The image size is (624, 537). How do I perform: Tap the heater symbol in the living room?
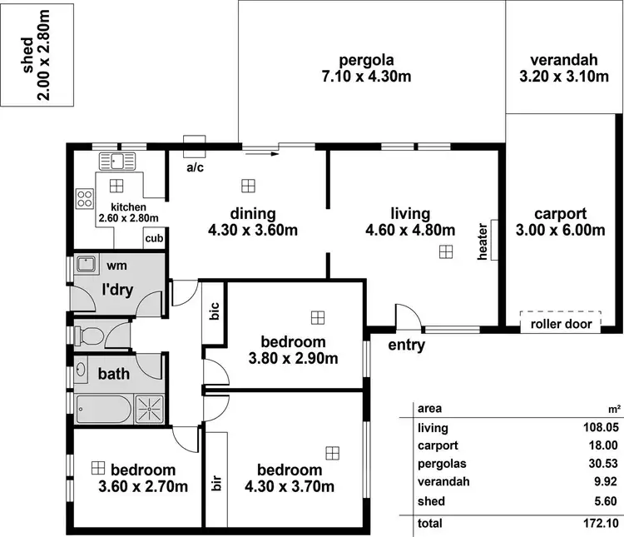click(493, 241)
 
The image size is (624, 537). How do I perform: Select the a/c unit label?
click(195, 167)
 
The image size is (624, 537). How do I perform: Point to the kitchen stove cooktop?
click(85, 198)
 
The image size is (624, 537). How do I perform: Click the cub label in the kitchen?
click(154, 239)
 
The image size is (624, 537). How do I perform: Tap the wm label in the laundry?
click(116, 266)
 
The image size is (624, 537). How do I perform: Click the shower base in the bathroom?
click(151, 410)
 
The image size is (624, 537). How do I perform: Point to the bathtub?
click(104, 409)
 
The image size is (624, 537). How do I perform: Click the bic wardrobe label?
click(214, 314)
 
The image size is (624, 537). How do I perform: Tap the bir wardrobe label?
click(216, 483)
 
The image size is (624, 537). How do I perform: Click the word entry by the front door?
click(407, 345)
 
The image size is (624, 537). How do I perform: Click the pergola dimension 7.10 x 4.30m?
click(365, 77)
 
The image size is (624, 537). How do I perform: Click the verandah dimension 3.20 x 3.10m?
click(564, 77)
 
